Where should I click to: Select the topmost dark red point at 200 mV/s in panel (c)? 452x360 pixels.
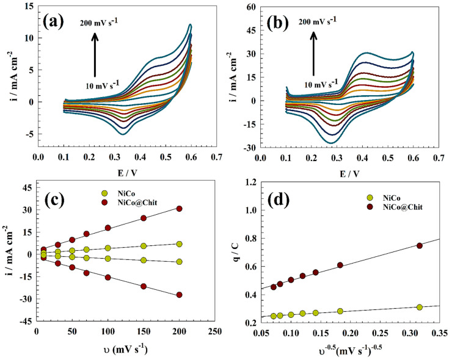tap(179, 209)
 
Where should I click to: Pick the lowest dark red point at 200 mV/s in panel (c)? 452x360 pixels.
tap(179, 295)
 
